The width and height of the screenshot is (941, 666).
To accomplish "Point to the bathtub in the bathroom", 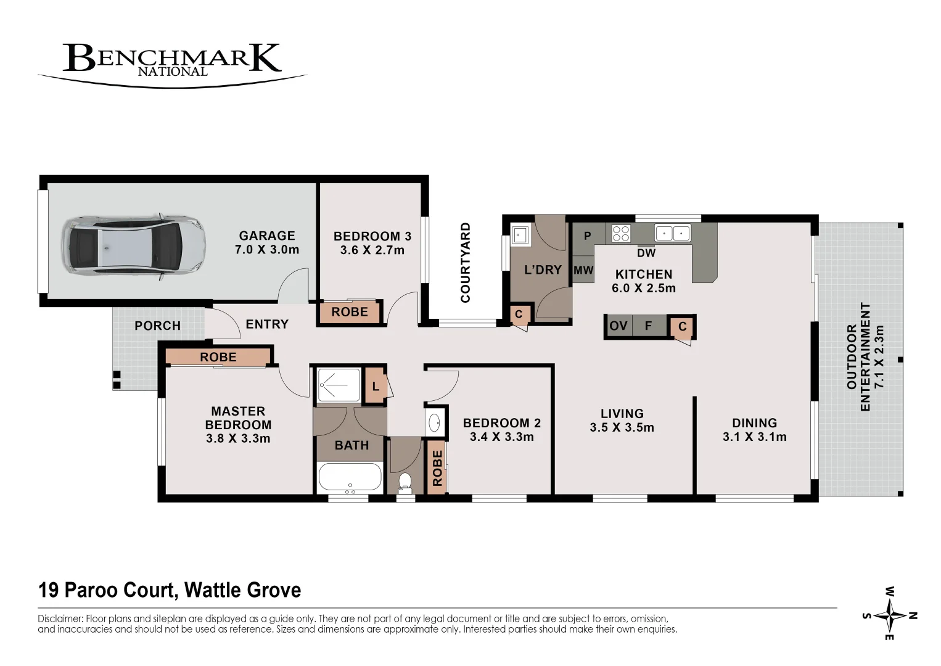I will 349,477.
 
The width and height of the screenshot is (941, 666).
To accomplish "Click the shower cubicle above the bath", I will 338,386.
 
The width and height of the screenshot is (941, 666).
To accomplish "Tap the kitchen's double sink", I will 672,233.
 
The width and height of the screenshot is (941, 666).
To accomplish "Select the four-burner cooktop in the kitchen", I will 621,233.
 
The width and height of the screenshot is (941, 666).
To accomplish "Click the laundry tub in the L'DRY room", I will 520,235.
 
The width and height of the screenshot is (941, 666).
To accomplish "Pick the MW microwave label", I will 583,270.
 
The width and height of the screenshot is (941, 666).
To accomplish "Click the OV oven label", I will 618,326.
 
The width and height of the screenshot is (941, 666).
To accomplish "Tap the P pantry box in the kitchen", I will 587,236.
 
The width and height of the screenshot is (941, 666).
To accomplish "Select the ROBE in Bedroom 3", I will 350,312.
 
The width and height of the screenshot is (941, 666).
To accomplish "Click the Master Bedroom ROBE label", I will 218,357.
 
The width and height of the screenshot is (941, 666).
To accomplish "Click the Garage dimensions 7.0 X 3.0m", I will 267,250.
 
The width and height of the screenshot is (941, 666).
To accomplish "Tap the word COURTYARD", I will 466,263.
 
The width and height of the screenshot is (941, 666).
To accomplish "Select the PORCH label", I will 158,326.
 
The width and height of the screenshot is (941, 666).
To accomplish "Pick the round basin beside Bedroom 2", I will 435,423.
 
